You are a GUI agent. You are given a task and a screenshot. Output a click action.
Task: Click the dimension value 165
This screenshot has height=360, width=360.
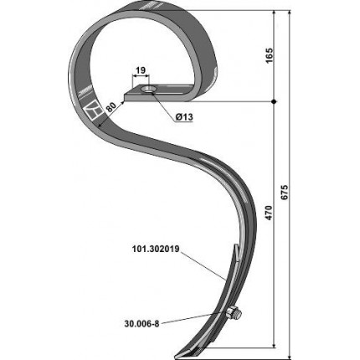[269, 55]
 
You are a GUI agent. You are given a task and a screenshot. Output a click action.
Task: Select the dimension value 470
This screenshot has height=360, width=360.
[269, 213]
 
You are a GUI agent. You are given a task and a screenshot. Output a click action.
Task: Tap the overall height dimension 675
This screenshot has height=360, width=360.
[285, 193]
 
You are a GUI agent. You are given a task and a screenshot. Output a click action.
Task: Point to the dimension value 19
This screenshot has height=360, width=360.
[141, 70]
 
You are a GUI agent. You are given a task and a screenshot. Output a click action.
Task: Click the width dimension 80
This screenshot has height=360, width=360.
[111, 107]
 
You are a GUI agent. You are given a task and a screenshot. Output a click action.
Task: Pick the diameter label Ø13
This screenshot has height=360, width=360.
[184, 117]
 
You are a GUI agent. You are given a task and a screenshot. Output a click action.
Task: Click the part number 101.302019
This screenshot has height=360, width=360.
[156, 249]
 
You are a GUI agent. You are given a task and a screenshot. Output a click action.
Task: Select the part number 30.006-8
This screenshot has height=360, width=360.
[141, 324]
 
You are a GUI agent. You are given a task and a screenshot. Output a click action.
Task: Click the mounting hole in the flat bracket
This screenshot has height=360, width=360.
[147, 90]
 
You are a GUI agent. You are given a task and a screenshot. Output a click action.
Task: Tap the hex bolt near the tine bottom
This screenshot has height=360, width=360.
[234, 314]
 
